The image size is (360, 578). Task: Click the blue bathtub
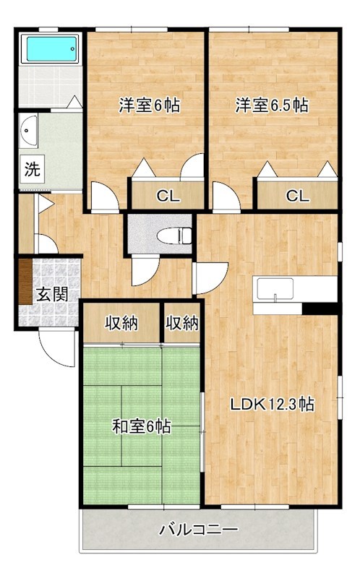(51, 48)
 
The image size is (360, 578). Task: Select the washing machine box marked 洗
(33, 169)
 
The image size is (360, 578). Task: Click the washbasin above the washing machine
(28, 131)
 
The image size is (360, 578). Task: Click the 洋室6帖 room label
(150, 105)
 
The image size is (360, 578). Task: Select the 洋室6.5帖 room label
(273, 105)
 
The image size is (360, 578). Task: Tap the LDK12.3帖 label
(273, 405)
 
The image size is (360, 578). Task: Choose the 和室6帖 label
(142, 427)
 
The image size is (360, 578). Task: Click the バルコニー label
(199, 530)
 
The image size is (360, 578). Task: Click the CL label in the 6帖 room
(168, 196)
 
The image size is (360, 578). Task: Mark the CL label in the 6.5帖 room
(298, 196)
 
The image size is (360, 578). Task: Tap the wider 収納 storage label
(121, 323)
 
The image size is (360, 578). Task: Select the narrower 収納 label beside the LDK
(182, 323)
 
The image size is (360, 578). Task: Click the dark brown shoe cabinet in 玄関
(25, 282)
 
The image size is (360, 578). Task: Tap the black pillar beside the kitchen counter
(320, 309)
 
